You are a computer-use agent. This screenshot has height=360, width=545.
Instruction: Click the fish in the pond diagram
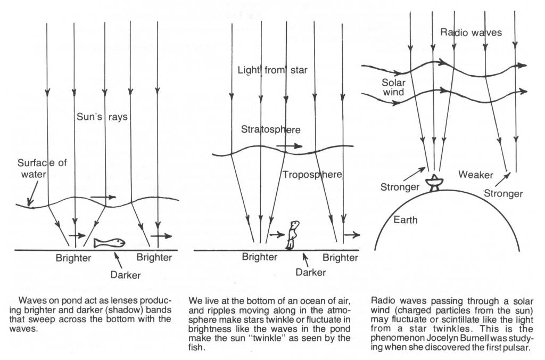coord(110,243)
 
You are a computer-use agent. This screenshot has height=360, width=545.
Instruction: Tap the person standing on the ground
coord(292,235)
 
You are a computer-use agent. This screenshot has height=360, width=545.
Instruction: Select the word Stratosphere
coord(270,129)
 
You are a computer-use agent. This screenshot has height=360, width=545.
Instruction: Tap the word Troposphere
coord(312,175)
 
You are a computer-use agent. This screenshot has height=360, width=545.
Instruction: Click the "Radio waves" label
coord(471,32)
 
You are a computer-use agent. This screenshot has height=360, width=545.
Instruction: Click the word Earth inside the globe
coord(406,219)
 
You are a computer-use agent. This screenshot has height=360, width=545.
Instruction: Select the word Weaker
coord(476,175)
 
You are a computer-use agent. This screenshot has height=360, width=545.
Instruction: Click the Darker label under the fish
coord(126,275)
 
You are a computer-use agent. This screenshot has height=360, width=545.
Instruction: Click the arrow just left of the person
coord(276,233)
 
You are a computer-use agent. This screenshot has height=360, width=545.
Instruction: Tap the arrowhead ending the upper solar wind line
coord(523,66)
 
